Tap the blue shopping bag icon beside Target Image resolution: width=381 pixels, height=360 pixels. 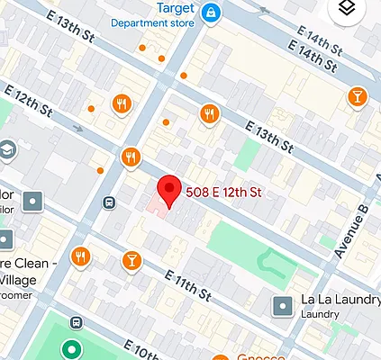point(210,12)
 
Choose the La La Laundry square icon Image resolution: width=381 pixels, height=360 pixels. point(284,305)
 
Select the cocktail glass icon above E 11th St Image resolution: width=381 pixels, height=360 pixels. point(131,261)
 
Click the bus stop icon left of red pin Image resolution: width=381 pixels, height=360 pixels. point(109,202)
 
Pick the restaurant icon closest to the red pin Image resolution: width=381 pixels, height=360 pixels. point(132,157)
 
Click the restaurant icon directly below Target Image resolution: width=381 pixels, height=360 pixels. point(210,112)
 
